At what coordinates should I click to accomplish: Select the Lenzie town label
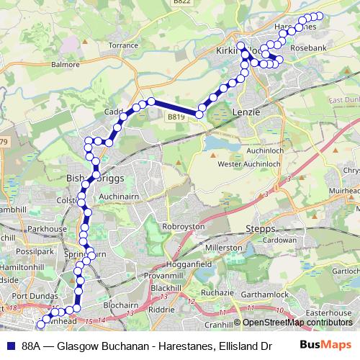pyautogui.click(x=246, y=113)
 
